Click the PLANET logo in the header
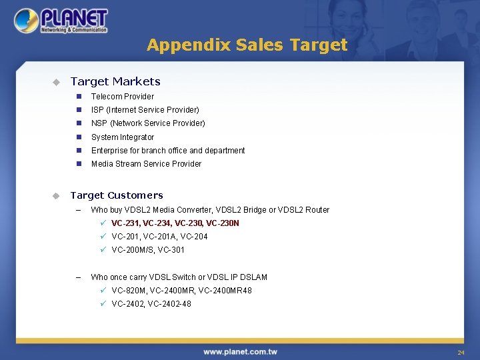coord(61,21)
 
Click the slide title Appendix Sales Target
coord(247,45)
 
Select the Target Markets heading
coord(115,81)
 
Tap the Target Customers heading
coord(117,195)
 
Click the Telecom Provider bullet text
coord(122,96)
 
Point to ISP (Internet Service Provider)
coord(145,109)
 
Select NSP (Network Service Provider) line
coord(148,123)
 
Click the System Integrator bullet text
coord(122,137)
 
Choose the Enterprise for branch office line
coord(168,151)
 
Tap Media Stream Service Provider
coord(146,164)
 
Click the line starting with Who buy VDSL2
coord(210,210)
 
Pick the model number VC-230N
coord(223,223)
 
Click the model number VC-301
coord(171,250)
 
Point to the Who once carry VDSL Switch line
coord(179,277)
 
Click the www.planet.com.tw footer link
coord(240,351)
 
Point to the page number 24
coord(460,352)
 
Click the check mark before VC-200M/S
coord(103,250)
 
